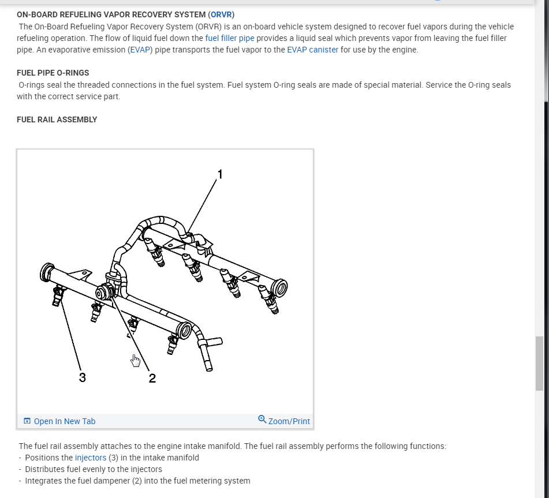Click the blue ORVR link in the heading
[x=221, y=14]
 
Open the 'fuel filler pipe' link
[x=230, y=38]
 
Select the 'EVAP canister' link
[x=312, y=50]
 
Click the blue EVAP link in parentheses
[x=140, y=50]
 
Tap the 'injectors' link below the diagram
[x=91, y=458]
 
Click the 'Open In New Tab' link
[x=64, y=421]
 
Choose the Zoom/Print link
[x=289, y=421]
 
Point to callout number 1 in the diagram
[x=219, y=173]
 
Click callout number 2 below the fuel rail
[x=152, y=379]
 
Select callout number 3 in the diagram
[x=83, y=378]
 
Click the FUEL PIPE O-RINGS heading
[x=53, y=73]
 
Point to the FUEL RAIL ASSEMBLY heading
[x=57, y=119]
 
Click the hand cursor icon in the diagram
[x=136, y=361]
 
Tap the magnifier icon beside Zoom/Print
[x=262, y=420]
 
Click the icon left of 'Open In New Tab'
[x=27, y=421]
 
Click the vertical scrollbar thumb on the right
[x=540, y=364]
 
